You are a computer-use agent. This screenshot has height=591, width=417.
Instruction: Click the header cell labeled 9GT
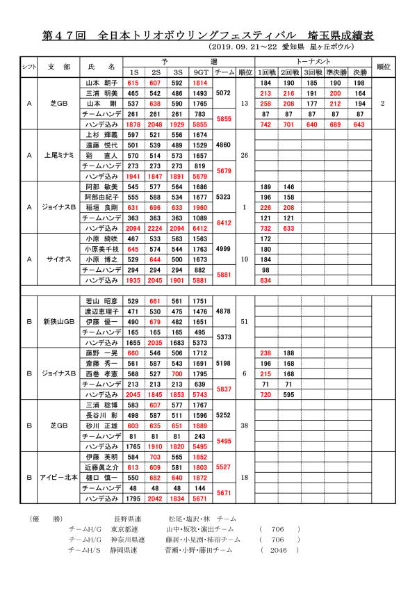pyautogui.click(x=200, y=72)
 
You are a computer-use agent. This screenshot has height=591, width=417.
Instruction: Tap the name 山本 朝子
pyautogui.click(x=101, y=83)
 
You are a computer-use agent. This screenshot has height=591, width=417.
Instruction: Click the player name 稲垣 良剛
pyautogui.click(x=101, y=207)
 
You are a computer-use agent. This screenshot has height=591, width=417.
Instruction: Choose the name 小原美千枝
pyautogui.click(x=101, y=249)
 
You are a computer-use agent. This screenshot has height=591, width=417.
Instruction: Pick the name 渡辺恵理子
pyautogui.click(x=101, y=311)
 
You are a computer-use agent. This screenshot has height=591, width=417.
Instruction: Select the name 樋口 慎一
pyautogui.click(x=101, y=478)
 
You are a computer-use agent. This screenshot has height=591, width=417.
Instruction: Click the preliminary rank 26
pyautogui.click(x=244, y=155)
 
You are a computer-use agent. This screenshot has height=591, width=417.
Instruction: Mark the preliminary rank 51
pyautogui.click(x=244, y=322)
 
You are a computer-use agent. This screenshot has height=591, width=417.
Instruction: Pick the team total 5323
pyautogui.click(x=224, y=197)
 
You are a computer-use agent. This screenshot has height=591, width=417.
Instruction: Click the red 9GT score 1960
pyautogui.click(x=200, y=207)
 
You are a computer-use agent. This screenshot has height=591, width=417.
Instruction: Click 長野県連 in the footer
pyautogui.click(x=127, y=519)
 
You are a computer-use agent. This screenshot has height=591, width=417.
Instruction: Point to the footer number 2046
pyautogui.click(x=278, y=549)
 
